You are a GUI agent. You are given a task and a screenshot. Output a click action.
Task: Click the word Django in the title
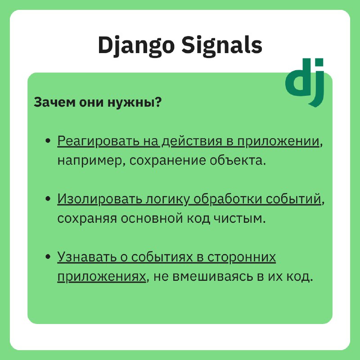(x=136, y=46)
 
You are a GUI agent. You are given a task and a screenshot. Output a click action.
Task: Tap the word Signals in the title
(x=222, y=46)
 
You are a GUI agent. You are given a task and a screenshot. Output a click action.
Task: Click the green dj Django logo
(x=305, y=82)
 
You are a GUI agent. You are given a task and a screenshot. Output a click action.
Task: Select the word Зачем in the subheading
(x=54, y=102)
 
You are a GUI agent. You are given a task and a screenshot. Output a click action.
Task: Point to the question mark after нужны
(x=158, y=102)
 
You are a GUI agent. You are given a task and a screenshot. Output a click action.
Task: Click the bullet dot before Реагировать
(x=48, y=140)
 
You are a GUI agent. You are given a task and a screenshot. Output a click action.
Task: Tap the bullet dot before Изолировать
(x=48, y=198)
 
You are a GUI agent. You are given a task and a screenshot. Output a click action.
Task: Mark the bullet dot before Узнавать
(x=48, y=256)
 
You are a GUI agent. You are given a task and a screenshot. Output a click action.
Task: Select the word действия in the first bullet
(x=192, y=142)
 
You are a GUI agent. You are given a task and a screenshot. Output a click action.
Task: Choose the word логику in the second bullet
(x=168, y=199)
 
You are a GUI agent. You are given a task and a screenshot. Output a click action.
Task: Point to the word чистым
(x=239, y=219)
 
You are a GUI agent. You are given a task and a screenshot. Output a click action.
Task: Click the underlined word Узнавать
(x=87, y=256)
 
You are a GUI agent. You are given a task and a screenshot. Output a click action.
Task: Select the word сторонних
(x=242, y=257)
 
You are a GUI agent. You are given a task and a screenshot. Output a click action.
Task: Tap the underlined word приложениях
(x=102, y=277)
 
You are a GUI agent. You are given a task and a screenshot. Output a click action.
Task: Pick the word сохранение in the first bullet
(x=167, y=161)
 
